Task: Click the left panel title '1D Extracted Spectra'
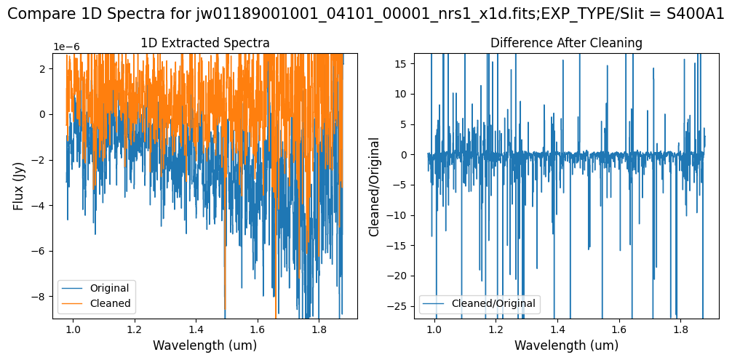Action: [204, 44]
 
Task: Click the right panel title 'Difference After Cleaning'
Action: [566, 44]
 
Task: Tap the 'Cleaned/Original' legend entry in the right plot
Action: [493, 303]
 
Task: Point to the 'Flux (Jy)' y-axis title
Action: [19, 185]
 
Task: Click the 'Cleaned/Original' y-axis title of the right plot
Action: [375, 185]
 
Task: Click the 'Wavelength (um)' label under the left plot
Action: [204, 345]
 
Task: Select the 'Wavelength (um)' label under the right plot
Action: [566, 345]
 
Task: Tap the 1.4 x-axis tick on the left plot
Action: [195, 329]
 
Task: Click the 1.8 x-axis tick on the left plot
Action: [318, 329]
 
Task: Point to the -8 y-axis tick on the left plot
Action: [41, 297]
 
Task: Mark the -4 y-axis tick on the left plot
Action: [41, 205]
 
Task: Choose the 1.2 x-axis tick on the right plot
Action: [496, 329]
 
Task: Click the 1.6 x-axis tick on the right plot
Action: [619, 329]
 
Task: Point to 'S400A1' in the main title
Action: [696, 15]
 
